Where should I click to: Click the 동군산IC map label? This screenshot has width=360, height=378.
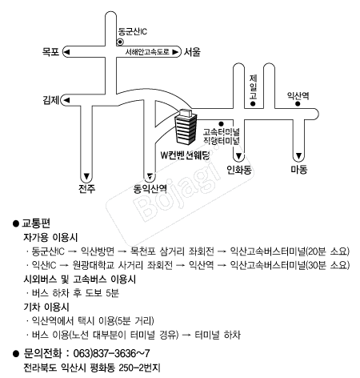pos(133,32)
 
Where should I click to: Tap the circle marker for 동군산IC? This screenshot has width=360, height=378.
pos(120,42)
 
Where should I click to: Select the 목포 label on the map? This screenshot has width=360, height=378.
pos(50,51)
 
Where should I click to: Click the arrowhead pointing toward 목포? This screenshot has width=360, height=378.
pos(66,52)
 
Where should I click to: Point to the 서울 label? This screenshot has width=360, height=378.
pos(192,52)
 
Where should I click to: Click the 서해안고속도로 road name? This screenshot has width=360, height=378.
pos(147,52)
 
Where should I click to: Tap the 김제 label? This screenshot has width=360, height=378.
pos(51,100)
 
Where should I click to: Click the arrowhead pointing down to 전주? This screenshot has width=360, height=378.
pos(86,176)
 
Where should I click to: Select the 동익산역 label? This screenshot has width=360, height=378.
pos(150,189)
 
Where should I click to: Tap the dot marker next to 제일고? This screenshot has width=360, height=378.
pos(253,104)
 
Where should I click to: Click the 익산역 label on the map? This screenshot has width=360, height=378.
pos(298,95)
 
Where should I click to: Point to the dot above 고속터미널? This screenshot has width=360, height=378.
pos(221,124)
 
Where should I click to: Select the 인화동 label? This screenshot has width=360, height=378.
pos(239,170)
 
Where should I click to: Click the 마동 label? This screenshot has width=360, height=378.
pos(299,169)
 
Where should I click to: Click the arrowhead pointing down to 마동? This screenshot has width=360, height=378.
pos(298,155)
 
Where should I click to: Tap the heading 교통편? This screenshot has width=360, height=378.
pos(36,223)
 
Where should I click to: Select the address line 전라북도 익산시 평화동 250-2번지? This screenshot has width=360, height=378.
pos(92,368)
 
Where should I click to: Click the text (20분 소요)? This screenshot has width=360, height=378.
pos(328,251)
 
